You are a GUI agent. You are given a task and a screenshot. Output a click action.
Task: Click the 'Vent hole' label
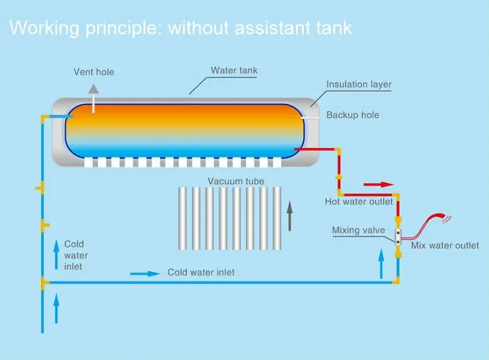(94, 72)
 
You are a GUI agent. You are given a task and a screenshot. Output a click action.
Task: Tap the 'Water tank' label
(234, 70)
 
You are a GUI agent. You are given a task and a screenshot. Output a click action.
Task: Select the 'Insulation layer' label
(359, 84)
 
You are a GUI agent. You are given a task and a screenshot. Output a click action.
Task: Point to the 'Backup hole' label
(352, 115)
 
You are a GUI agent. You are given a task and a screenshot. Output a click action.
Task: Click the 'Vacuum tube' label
(236, 181)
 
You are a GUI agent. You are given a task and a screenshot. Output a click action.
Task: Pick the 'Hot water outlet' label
(359, 201)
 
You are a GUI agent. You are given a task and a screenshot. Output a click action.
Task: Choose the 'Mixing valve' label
(359, 230)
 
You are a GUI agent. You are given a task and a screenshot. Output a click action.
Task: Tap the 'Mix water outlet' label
(445, 245)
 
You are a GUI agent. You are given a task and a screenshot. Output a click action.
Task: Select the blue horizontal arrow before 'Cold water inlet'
(145, 274)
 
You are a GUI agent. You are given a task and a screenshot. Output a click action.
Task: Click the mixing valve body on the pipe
(398, 237)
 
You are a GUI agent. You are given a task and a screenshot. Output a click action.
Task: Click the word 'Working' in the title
(43, 28)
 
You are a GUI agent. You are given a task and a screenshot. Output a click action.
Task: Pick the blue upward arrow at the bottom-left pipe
(57, 310)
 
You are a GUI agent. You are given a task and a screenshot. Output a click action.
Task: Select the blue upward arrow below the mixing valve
(381, 262)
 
